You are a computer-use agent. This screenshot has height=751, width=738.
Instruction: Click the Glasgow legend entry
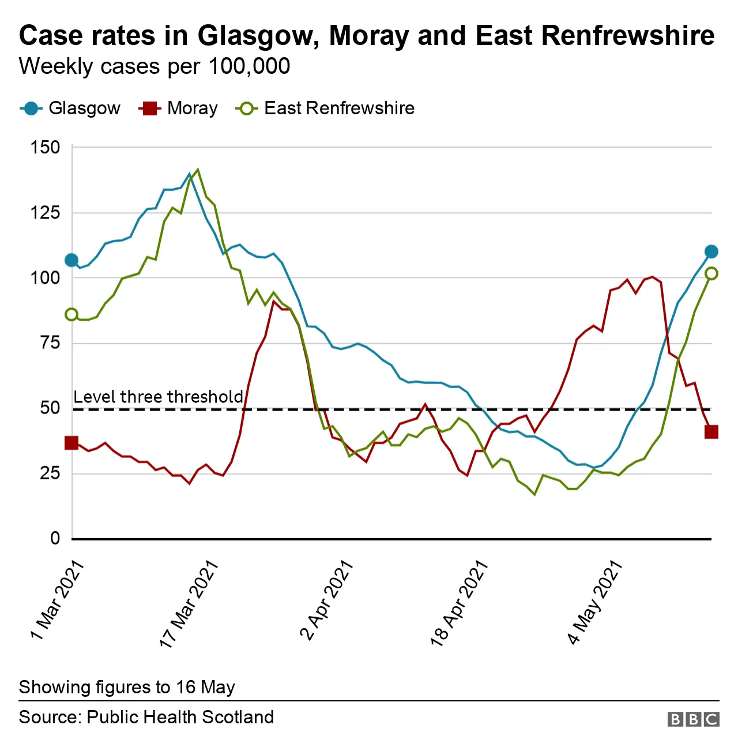[x=70, y=108]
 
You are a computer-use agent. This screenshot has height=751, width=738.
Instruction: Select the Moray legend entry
[x=179, y=108]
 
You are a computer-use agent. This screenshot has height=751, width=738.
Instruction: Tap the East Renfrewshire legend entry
[x=326, y=108]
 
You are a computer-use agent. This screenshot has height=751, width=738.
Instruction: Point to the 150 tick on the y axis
[x=45, y=148]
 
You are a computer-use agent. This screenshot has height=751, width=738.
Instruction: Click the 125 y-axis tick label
[x=45, y=213]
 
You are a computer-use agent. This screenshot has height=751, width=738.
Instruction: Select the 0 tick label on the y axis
[x=55, y=539]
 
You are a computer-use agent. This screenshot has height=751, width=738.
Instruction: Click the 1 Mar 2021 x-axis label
[x=58, y=600]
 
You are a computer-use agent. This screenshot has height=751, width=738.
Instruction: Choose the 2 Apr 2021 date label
[x=326, y=600]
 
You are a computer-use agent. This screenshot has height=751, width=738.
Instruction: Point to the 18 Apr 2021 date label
[x=459, y=603]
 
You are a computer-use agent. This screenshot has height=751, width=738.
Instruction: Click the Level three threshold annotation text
[x=158, y=397]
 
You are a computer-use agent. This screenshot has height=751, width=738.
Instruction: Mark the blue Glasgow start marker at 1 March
[x=71, y=260]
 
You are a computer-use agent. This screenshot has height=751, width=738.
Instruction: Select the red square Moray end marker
[x=711, y=432]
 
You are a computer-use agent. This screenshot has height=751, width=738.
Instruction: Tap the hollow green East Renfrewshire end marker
[x=711, y=273]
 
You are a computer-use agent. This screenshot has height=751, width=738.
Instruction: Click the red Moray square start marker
[x=71, y=443]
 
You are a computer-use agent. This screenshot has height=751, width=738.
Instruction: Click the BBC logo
[x=693, y=719]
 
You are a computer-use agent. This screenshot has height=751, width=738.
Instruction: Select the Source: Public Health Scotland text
[x=146, y=718]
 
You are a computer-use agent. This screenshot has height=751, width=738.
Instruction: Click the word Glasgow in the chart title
[x=259, y=36]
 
